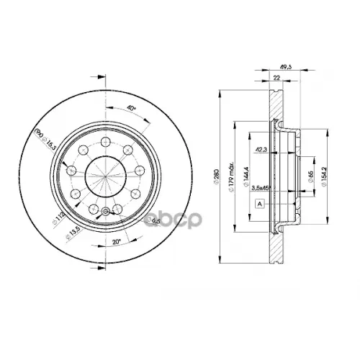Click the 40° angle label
(130, 109)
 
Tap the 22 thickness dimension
(276, 76)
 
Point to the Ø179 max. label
(232, 177)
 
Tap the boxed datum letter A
(258, 204)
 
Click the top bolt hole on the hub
(106, 141)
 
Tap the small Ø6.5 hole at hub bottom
(106, 211)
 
